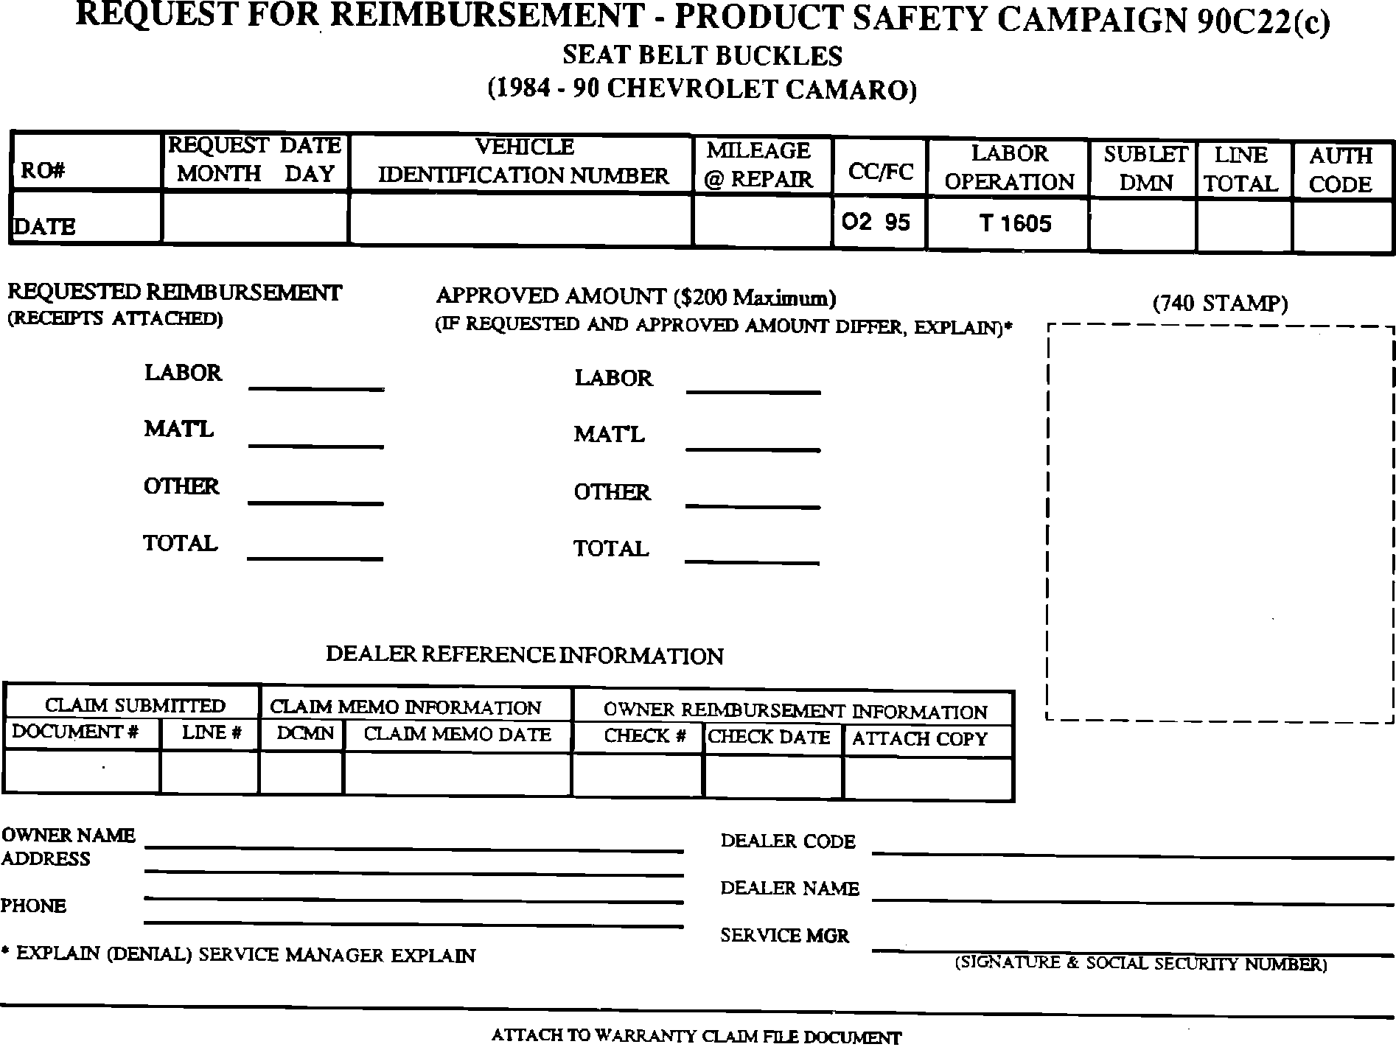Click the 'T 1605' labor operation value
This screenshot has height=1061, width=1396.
(x=1015, y=223)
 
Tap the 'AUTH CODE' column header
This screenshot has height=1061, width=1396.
(x=1340, y=169)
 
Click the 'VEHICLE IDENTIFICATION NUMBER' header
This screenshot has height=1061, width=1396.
(x=523, y=161)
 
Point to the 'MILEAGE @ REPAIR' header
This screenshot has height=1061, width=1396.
(x=758, y=164)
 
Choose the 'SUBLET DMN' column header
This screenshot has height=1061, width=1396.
(x=1145, y=169)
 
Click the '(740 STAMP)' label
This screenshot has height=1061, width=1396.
(x=1220, y=304)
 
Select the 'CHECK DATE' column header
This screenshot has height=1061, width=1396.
(x=769, y=737)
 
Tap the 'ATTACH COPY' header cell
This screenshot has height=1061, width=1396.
(x=919, y=739)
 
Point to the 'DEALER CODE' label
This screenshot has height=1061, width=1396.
(x=788, y=841)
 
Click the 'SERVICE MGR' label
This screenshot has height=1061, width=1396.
(x=785, y=936)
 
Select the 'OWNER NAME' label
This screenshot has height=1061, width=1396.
(x=69, y=836)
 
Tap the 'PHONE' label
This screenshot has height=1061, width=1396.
(x=33, y=906)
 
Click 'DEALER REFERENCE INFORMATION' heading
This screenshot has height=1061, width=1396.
(x=524, y=655)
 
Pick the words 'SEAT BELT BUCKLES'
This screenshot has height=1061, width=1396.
(x=702, y=56)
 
